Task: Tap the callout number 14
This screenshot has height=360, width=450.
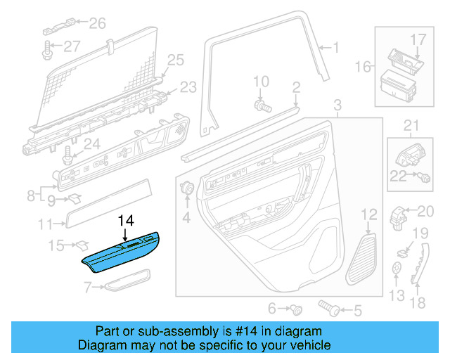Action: (125, 219)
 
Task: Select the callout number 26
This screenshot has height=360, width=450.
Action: (96, 24)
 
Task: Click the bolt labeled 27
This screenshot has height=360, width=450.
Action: (47, 49)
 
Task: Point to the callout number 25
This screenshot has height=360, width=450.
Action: (174, 60)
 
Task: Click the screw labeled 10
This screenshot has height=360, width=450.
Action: (262, 105)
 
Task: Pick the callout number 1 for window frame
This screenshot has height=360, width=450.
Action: (335, 48)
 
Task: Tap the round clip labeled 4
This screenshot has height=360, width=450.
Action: (188, 188)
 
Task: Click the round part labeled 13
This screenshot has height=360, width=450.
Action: (398, 267)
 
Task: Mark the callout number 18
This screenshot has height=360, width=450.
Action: (418, 304)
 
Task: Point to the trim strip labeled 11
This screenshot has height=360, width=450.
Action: (108, 203)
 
